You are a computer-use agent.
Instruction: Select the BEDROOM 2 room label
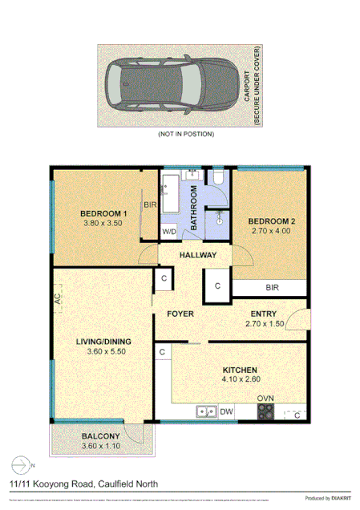(272, 221)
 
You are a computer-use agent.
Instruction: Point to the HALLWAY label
(197, 255)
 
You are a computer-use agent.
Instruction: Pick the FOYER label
(180, 314)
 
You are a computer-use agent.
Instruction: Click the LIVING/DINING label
(104, 342)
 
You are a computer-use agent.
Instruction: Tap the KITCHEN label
(239, 370)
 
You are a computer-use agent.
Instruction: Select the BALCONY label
(101, 437)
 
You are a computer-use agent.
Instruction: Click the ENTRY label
(265, 314)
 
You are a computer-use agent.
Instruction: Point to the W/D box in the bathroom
(169, 232)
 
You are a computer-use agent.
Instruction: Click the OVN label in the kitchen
(265, 399)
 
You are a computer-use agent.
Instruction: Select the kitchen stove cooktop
(265, 412)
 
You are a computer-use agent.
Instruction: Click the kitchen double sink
(205, 412)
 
